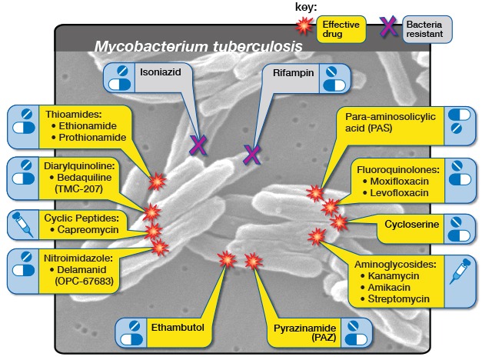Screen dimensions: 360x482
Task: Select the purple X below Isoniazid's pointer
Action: tap(199, 144)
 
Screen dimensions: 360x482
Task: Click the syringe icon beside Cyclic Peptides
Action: tap(22, 224)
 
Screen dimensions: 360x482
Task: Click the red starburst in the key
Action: tap(306, 26)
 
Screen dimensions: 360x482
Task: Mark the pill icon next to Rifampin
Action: tap(331, 77)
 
